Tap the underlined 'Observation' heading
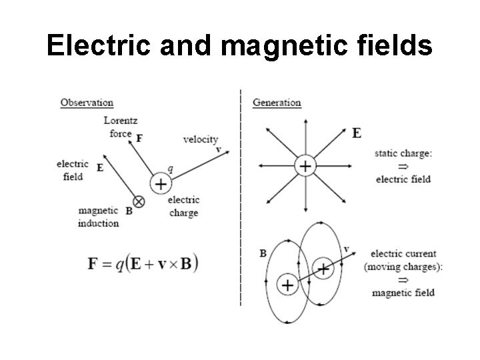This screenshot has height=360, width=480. tap(87, 103)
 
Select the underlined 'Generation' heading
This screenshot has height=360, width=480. tap(277, 103)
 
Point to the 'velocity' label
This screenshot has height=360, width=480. tap(200, 139)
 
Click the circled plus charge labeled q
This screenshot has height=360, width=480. tap(160, 183)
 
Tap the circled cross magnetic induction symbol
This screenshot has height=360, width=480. tap(139, 200)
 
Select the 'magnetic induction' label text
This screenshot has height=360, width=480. tap(99, 217)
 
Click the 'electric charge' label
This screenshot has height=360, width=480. tap(183, 207)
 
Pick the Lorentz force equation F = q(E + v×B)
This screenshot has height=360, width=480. tap(143, 263)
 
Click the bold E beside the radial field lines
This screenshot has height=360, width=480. tap(357, 133)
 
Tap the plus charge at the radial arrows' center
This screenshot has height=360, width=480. tap(304, 166)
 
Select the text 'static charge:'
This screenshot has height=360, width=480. tap(403, 153)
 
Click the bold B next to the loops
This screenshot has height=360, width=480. tap(263, 253)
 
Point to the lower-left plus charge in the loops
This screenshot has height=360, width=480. tap(287, 285)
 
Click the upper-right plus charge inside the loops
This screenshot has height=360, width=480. tap(323, 269)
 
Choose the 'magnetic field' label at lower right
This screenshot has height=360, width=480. tap(403, 293)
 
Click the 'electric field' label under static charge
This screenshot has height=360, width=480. tap(403, 179)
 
